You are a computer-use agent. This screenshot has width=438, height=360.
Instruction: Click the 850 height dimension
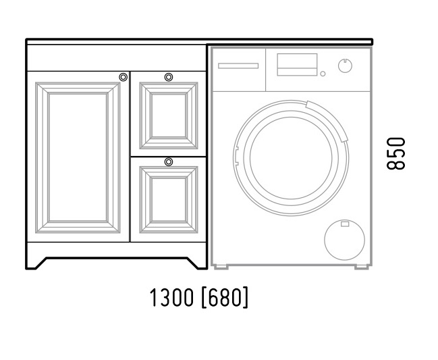point(395,153)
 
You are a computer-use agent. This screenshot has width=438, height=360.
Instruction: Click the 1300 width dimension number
point(171,297)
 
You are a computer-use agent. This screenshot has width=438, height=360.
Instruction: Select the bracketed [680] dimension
point(225,297)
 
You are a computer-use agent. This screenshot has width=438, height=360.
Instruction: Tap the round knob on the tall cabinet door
point(124,77)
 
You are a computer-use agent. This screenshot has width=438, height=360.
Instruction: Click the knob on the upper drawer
point(169,77)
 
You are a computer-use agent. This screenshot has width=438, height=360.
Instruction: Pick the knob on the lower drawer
point(169,161)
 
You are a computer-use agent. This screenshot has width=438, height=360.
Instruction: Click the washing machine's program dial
point(345,66)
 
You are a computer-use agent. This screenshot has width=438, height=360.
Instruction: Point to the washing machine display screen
point(297,65)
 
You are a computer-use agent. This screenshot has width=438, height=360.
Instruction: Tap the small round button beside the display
point(323,74)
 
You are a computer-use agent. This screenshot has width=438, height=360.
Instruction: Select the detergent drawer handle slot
point(238,66)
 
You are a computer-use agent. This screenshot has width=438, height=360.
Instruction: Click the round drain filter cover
point(344,240)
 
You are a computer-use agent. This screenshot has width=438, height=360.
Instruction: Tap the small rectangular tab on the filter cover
point(344,224)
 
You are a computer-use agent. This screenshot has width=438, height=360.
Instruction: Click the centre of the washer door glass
point(291,158)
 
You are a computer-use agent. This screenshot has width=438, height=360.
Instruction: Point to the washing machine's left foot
point(221,267)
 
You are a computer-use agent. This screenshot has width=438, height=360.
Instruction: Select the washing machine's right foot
point(362,267)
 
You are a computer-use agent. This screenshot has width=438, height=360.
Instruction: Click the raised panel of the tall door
point(78,157)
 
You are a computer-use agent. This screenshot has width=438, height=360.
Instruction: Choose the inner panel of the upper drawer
point(169,115)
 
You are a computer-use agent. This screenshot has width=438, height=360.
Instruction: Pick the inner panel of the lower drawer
point(169,200)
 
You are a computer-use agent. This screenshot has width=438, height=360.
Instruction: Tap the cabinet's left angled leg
point(36,263)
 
